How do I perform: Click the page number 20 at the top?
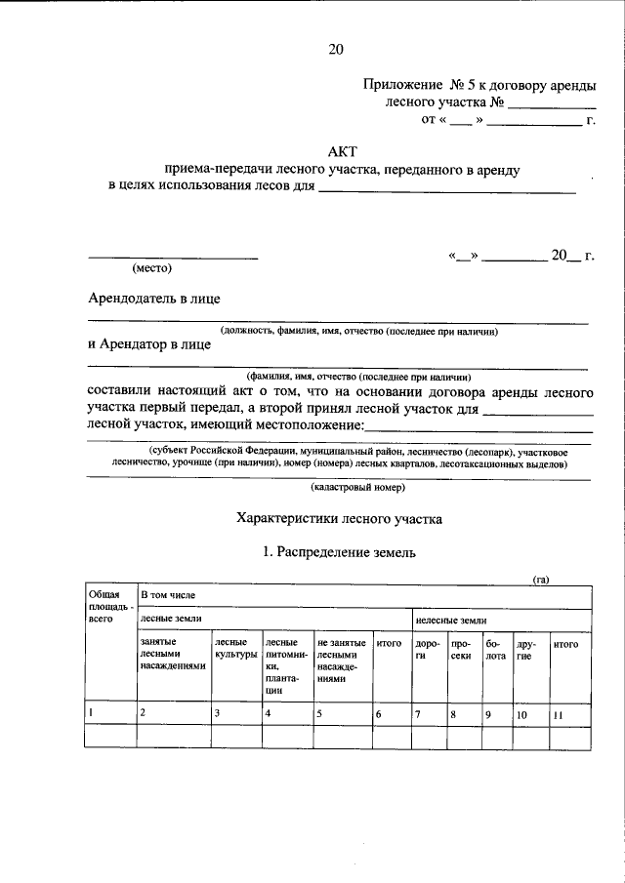(x=335, y=49)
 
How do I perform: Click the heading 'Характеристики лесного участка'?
(x=339, y=519)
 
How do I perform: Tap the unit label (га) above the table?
(x=540, y=580)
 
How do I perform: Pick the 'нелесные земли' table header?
(x=450, y=620)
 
